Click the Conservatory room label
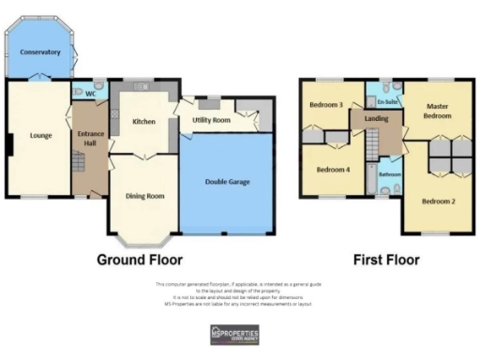click(40, 52)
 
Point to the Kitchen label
click(143, 122)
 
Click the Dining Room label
click(144, 196)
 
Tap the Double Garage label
click(227, 180)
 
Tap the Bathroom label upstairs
click(390, 174)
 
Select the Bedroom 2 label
click(438, 202)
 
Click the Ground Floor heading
click(140, 259)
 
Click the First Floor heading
click(385, 259)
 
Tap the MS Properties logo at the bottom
click(234, 336)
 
